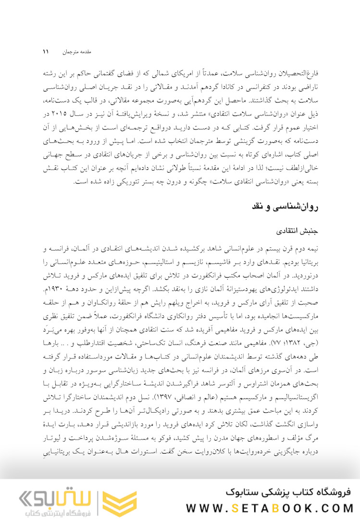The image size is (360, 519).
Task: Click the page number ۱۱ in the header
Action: [46, 51]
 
